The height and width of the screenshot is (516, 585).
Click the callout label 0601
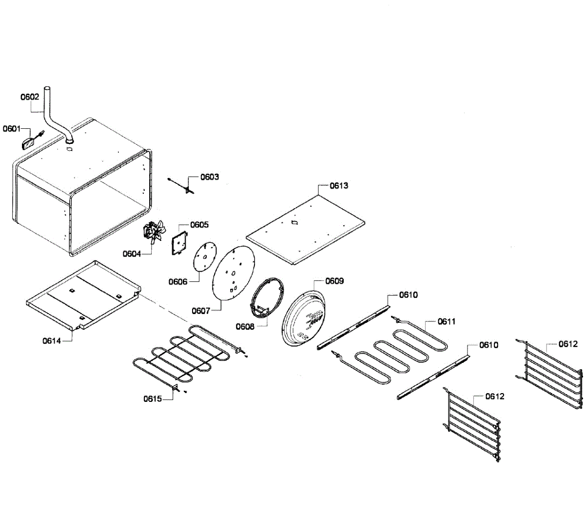point(11,129)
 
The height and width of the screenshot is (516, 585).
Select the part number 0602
point(30,97)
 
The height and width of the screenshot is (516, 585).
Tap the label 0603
point(210,177)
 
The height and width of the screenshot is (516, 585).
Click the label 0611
point(446,321)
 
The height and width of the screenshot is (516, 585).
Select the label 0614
point(52,341)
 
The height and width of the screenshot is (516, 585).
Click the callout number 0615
point(153,398)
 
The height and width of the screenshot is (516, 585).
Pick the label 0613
point(339,186)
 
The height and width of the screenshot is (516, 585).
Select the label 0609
point(334,281)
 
